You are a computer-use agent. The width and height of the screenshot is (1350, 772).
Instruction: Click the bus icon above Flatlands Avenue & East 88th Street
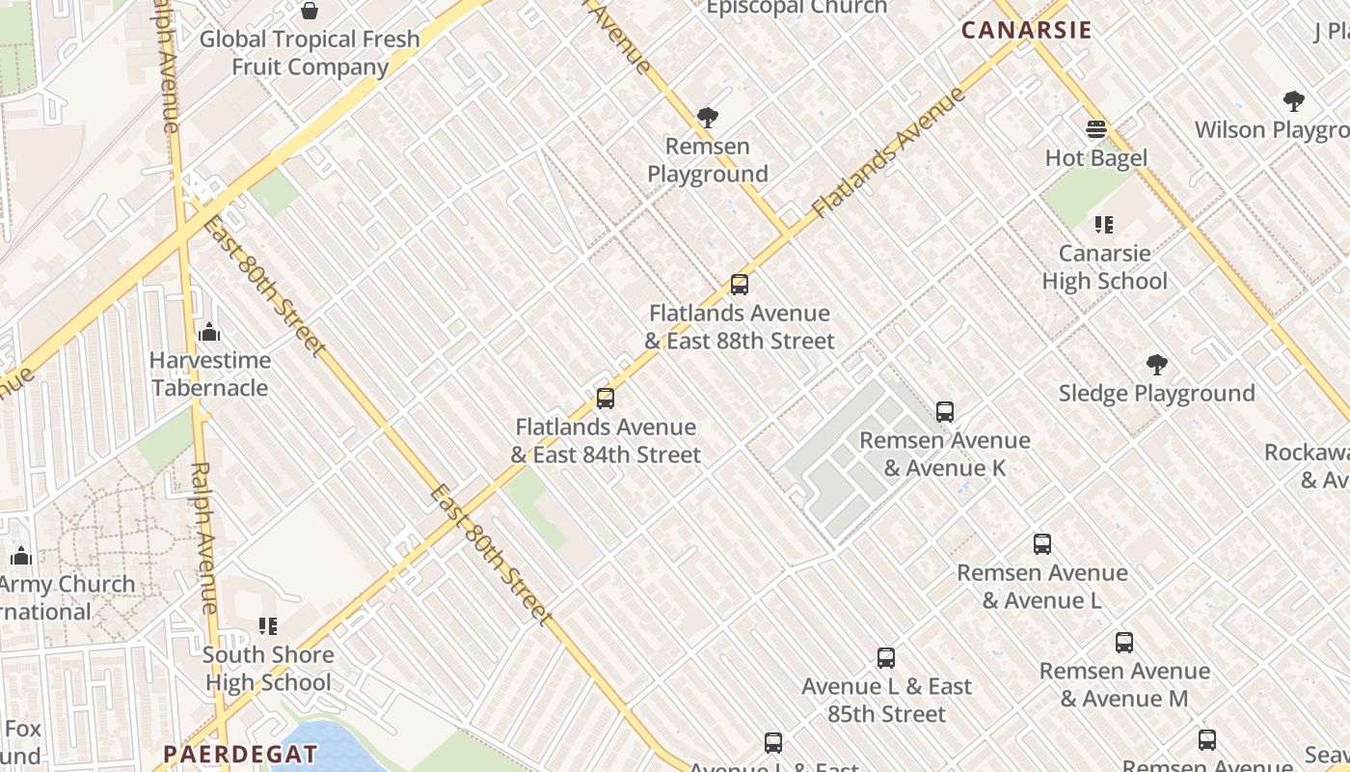click(x=740, y=285)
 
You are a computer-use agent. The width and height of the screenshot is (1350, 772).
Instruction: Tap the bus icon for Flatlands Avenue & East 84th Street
click(x=606, y=399)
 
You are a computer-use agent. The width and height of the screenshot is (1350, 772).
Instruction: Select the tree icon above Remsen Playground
click(x=708, y=119)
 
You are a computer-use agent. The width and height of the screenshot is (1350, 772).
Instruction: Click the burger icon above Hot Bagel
click(x=1096, y=129)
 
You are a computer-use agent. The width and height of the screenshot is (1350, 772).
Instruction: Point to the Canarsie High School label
click(x=1104, y=267)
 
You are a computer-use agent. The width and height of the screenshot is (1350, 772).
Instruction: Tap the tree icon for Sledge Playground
click(x=1157, y=365)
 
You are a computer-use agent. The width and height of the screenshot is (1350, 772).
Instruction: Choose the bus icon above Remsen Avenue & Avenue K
click(x=945, y=412)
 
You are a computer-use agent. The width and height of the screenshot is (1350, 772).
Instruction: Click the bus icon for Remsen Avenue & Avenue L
click(x=1042, y=544)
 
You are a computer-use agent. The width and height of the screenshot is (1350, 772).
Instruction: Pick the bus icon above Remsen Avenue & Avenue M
click(x=1124, y=643)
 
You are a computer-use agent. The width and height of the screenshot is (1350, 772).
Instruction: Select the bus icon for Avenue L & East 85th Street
click(x=886, y=658)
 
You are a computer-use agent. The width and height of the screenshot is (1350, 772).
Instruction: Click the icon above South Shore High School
click(x=268, y=626)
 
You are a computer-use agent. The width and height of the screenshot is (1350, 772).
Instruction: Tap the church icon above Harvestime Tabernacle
click(x=209, y=333)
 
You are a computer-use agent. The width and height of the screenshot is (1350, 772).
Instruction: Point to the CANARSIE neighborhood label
click(x=1027, y=30)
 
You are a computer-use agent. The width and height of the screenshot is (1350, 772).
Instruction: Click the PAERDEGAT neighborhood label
click(x=240, y=754)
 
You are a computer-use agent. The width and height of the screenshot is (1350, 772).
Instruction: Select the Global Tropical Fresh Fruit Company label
click(x=310, y=53)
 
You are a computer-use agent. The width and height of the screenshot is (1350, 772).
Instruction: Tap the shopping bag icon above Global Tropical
click(x=310, y=11)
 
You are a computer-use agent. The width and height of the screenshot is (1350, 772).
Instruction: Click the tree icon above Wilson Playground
click(x=1294, y=101)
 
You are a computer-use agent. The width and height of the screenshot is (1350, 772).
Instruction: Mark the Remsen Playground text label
click(x=708, y=160)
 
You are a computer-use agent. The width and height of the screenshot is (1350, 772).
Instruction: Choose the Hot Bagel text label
click(x=1096, y=158)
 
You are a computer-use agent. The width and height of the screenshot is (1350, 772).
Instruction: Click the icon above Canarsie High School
click(x=1104, y=225)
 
